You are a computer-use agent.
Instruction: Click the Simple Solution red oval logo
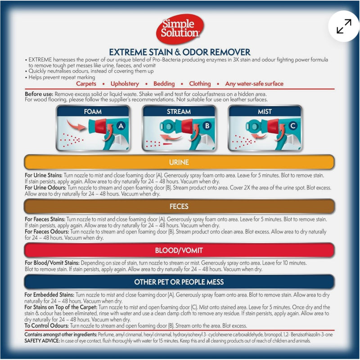(180, 29)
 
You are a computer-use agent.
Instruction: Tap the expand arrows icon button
(344, 26)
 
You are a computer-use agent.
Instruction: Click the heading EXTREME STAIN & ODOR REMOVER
(180, 52)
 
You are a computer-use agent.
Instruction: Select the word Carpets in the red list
(86, 84)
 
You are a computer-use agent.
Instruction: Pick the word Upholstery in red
(125, 84)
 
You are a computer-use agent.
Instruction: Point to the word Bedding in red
(164, 84)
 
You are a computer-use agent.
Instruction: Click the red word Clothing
(200, 84)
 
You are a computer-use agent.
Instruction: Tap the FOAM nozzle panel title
(93, 112)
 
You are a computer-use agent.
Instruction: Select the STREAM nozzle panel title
(179, 112)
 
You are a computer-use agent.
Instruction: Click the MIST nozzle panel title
(265, 112)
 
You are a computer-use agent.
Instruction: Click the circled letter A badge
(121, 126)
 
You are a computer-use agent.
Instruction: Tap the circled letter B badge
(207, 126)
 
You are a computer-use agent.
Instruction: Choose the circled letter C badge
(293, 126)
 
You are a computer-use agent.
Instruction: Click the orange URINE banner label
(179, 162)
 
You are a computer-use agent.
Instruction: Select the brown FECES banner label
(179, 207)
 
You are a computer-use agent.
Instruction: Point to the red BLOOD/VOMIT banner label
(179, 250)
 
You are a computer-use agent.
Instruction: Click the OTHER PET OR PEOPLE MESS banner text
(179, 282)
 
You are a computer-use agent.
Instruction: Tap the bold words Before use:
(39, 94)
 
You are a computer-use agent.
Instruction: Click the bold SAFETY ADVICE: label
(42, 341)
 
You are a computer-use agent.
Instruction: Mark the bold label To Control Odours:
(47, 325)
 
